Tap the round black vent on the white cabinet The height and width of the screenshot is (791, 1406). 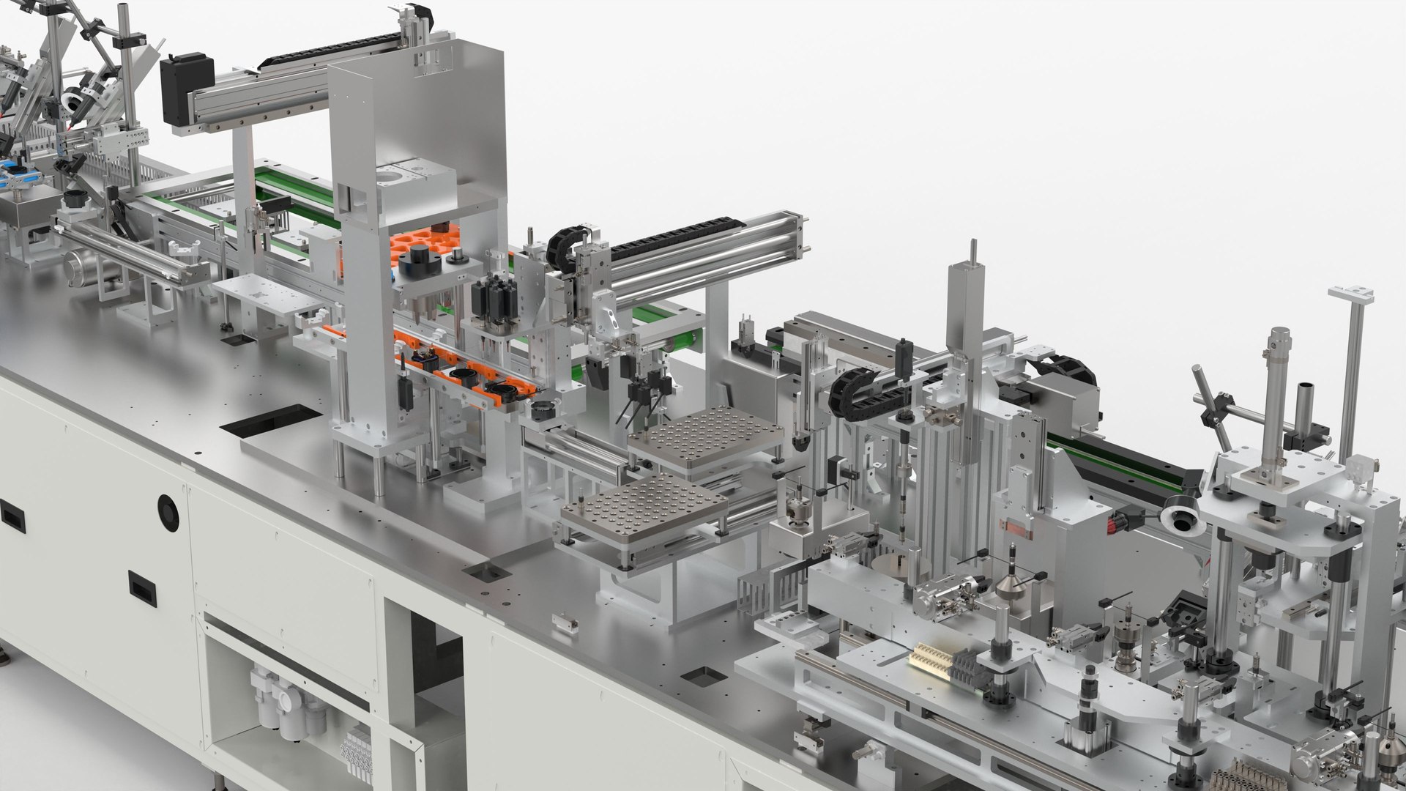[168, 512]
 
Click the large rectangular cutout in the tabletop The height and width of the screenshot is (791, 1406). [271, 424]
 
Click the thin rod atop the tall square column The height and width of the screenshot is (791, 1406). [973, 252]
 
